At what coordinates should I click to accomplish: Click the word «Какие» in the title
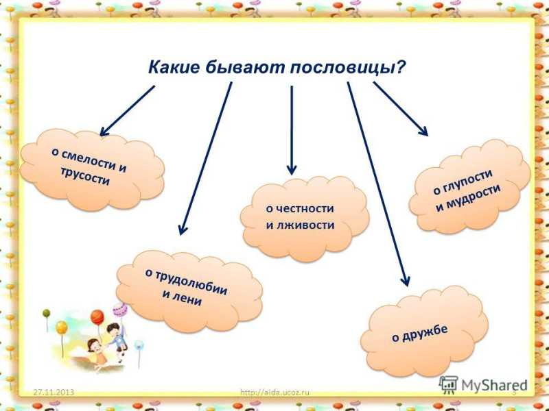click(174, 66)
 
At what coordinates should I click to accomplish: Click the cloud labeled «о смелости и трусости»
click(92, 170)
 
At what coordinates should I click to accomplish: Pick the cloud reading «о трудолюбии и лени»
click(189, 291)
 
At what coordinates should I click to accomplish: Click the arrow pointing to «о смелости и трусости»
click(127, 111)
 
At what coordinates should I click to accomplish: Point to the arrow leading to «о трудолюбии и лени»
click(205, 158)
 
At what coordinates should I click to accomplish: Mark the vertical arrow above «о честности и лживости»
click(292, 130)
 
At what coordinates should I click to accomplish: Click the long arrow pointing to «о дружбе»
click(379, 184)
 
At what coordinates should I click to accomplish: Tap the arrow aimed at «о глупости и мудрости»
click(401, 109)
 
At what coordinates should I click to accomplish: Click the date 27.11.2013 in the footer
click(54, 392)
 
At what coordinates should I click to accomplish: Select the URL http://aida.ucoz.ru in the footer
click(275, 392)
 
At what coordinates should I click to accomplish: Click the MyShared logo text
click(494, 385)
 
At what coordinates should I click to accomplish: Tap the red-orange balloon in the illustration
click(97, 317)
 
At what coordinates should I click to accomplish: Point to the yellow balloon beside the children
click(62, 328)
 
